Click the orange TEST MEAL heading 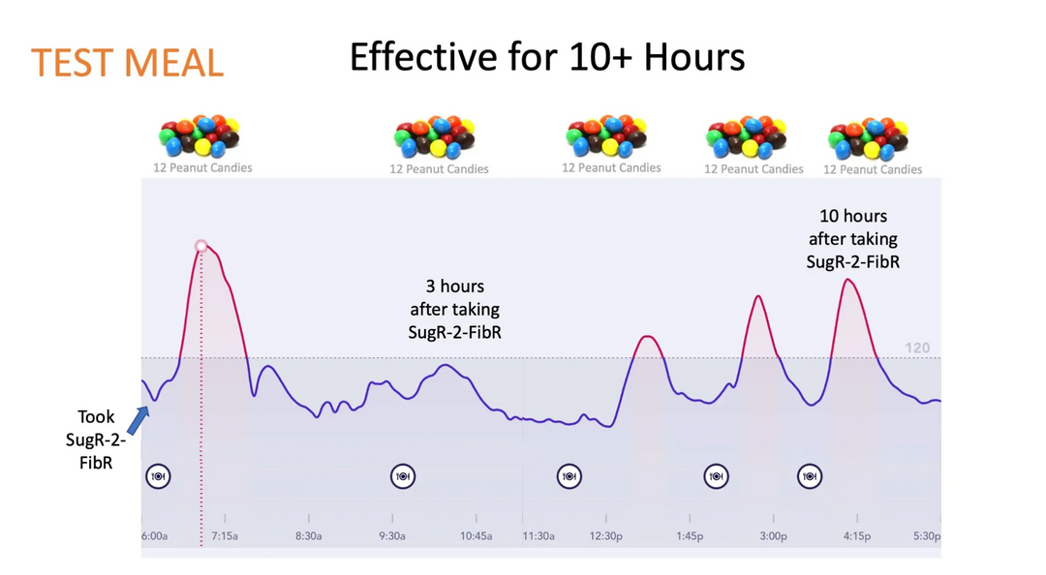coord(127,62)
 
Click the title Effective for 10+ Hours coord(547,57)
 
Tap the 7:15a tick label coord(225,535)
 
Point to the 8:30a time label coord(308,535)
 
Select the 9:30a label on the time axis coord(391,535)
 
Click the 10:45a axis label coord(476,535)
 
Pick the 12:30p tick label coord(606,535)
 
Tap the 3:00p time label coord(773,535)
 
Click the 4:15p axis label coord(856,535)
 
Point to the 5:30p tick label coord(927,535)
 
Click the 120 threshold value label coord(916,348)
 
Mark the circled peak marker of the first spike coord(201,246)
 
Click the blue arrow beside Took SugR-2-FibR coord(138,420)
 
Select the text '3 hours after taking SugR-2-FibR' coord(455,310)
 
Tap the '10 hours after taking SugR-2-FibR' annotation coord(852,238)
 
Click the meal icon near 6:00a coord(158,476)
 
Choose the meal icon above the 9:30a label coord(403,476)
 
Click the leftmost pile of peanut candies coord(200,136)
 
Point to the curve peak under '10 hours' coord(848,280)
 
